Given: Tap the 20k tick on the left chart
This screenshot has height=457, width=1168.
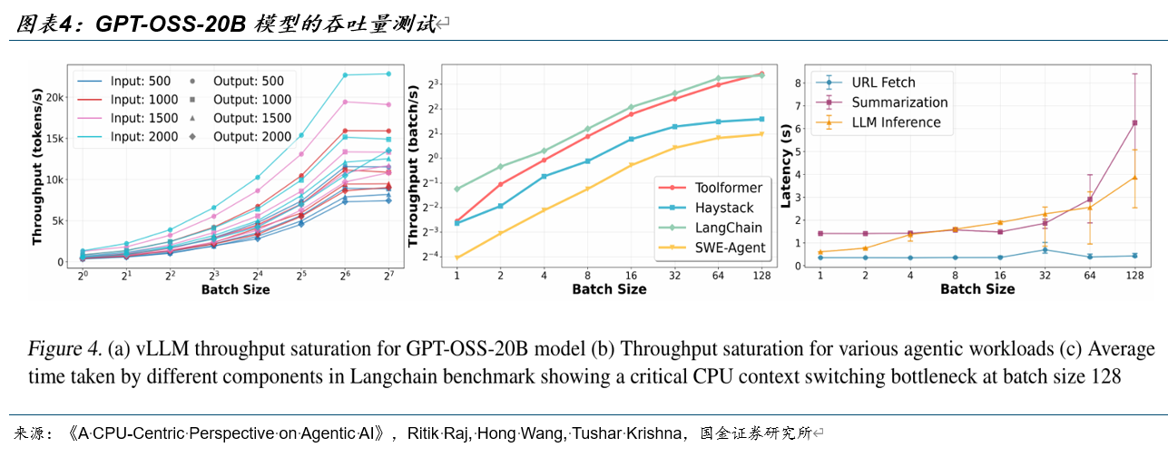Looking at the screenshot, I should (x=53, y=97).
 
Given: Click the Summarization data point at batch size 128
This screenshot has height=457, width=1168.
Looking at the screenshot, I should (x=1134, y=122).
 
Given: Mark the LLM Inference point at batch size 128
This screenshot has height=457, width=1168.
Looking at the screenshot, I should (x=1134, y=178).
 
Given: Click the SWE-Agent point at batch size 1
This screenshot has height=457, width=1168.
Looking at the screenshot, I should (x=456, y=258).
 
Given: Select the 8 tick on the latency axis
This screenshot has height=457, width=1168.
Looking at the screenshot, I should (x=797, y=83).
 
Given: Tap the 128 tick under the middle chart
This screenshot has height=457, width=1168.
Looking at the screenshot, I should (x=761, y=274).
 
